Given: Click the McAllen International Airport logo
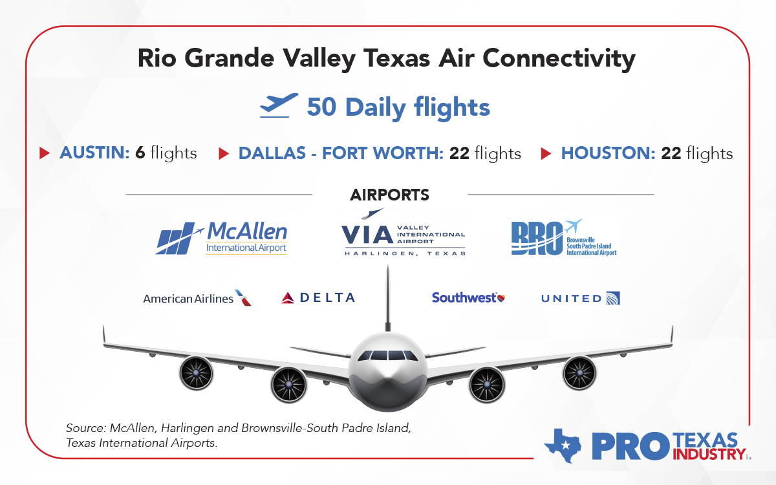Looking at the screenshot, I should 222,238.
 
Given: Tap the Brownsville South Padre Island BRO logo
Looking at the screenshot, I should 563,238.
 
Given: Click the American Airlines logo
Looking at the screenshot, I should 197,298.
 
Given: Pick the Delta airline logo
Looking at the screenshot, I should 318,297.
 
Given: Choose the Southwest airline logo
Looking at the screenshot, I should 468,297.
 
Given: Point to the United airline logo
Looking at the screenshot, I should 580,298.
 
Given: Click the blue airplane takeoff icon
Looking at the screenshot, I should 279,105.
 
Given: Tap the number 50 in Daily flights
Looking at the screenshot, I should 321,107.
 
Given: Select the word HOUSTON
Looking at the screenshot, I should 607,153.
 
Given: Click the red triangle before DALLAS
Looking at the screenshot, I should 224,153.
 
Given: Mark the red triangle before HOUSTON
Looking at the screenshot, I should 546,153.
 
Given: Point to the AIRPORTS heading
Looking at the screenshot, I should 389,195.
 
